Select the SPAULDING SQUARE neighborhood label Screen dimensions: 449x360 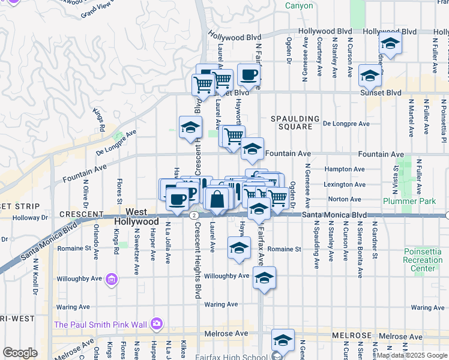[291, 122]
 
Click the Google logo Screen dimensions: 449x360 [20, 353]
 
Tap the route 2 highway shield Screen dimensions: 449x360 [193, 215]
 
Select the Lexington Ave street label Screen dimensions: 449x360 [344, 184]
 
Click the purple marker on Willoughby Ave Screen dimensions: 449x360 [110, 278]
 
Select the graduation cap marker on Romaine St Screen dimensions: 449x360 [239, 248]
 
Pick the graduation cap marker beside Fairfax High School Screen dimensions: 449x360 [282, 340]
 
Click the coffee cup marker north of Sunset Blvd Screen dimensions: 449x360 [249, 76]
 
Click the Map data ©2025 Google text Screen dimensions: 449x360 [412, 355]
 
